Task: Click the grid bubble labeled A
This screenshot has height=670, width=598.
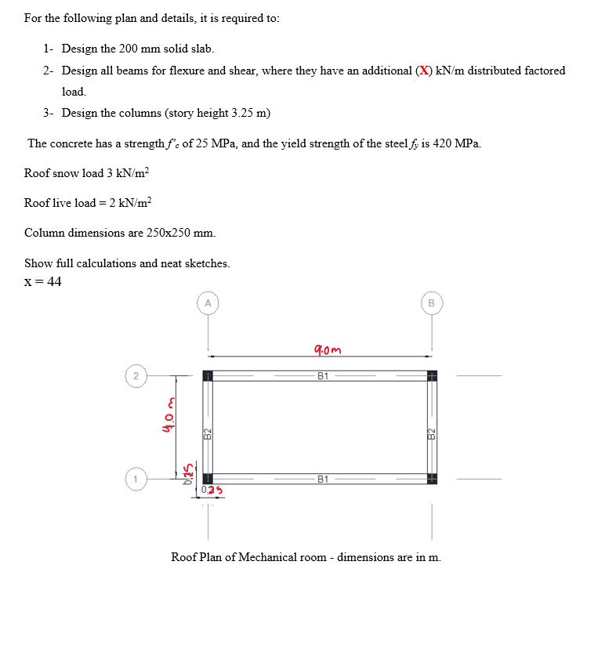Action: [208, 303]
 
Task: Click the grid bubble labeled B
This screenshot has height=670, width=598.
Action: [430, 303]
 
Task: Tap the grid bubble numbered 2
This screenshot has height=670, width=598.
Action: [136, 376]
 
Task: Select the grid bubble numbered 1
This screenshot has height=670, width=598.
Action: [136, 477]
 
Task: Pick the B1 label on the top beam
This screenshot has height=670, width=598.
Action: [322, 376]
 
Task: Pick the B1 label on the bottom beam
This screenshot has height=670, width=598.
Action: [322, 478]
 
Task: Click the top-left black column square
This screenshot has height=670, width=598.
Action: [208, 376]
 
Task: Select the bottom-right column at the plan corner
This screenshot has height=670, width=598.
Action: [431, 478]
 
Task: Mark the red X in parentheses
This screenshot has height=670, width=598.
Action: [424, 71]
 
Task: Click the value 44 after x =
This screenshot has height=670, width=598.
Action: [53, 282]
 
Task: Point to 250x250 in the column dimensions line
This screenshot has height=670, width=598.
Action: [170, 233]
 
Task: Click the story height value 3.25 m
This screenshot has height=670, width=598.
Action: [249, 113]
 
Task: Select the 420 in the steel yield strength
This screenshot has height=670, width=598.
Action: [444, 143]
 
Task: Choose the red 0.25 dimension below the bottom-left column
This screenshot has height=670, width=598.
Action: [209, 491]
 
